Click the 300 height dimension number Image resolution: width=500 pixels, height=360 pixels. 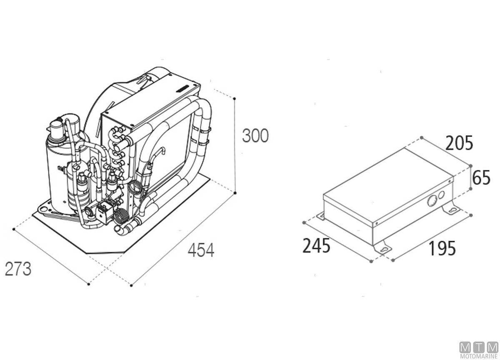(x=255, y=136)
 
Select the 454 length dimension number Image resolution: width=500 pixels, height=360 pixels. (x=201, y=250)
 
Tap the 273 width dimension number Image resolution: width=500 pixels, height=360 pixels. (x=18, y=269)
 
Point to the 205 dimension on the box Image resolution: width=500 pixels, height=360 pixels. (x=459, y=142)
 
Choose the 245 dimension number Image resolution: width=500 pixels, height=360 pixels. (x=316, y=246)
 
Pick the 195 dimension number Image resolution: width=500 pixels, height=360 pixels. (x=442, y=248)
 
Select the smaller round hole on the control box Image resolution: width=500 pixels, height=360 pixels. (x=441, y=195)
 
